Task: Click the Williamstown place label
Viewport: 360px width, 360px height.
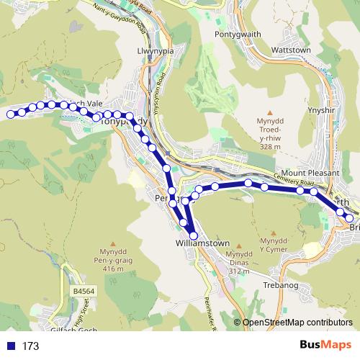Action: [x=202, y=243]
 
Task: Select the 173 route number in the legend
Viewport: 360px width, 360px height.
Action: [x=31, y=346]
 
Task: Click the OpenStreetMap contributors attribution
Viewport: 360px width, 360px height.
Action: [x=297, y=323]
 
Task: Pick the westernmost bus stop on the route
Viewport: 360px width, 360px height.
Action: [x=10, y=114]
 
